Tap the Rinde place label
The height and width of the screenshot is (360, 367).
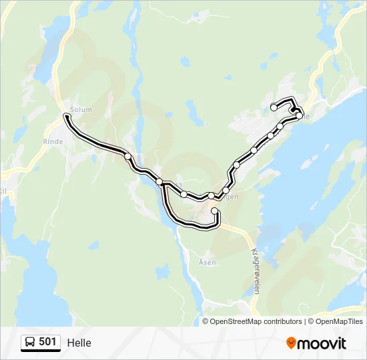click(x=53, y=141)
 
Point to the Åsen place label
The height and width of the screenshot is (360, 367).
click(x=208, y=262)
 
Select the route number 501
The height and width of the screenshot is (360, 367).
click(x=47, y=343)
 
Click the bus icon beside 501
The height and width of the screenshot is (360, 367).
click(x=30, y=343)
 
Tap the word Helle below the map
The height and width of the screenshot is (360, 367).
click(x=79, y=343)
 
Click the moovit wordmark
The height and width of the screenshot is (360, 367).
click(x=322, y=343)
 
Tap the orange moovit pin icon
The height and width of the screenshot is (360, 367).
click(x=291, y=343)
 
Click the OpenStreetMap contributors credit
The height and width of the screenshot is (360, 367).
click(x=256, y=321)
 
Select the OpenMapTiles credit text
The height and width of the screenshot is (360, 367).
click(x=338, y=321)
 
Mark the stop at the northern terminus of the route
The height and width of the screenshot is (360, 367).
click(x=274, y=107)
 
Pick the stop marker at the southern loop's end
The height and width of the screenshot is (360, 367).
click(x=215, y=211)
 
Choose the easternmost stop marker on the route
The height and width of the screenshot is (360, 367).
click(x=299, y=116)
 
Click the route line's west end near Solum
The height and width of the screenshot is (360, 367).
click(x=66, y=117)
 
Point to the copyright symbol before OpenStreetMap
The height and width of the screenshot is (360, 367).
click(x=206, y=321)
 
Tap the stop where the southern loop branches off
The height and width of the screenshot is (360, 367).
click(x=159, y=181)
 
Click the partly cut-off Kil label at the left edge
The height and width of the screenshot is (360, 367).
click(x=3, y=191)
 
